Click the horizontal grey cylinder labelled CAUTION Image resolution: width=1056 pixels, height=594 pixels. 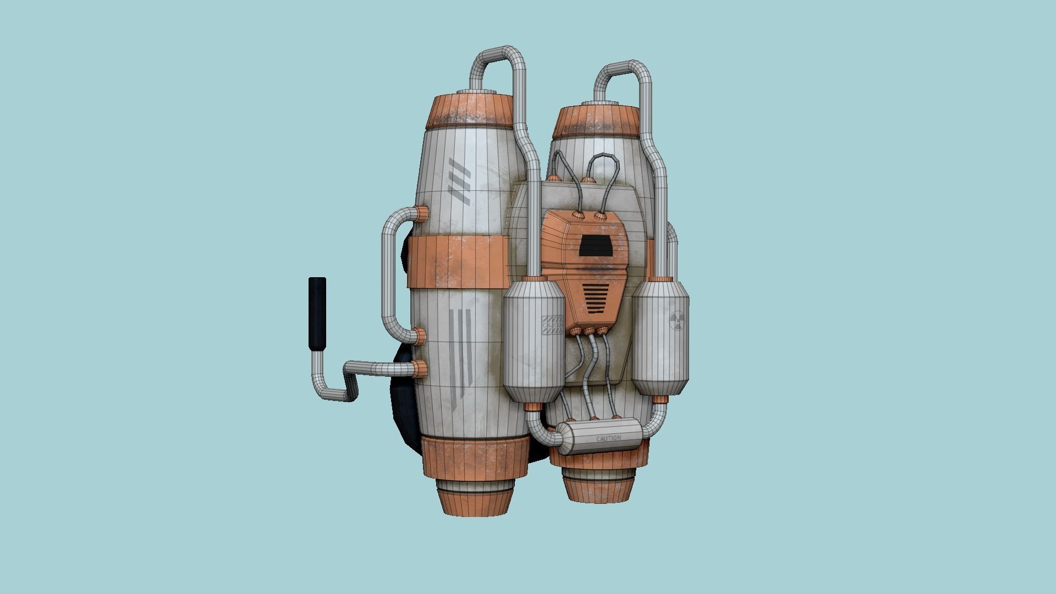point(599,437)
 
